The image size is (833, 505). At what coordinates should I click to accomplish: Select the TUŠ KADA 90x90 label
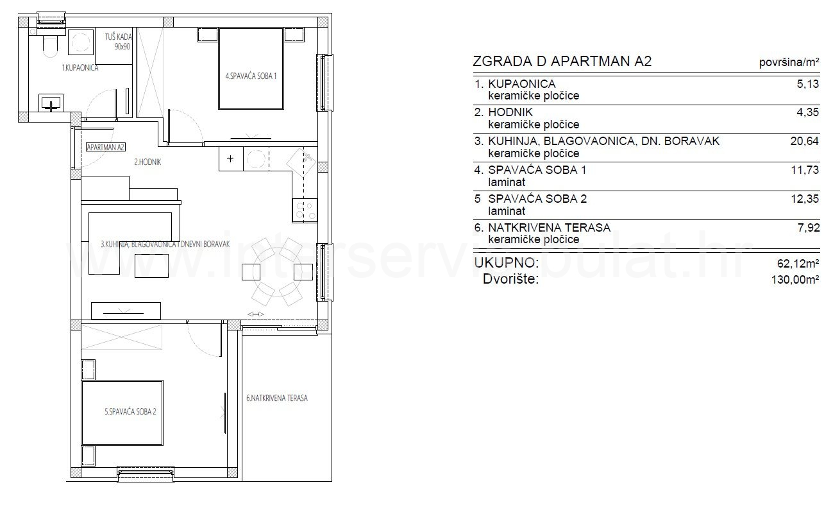point(119,42)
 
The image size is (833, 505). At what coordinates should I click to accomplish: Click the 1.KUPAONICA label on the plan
point(80,68)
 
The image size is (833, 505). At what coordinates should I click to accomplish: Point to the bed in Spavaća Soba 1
point(251,69)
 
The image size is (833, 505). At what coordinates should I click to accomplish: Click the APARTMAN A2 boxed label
point(106,147)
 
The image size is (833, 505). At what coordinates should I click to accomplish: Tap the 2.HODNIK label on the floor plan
point(147,162)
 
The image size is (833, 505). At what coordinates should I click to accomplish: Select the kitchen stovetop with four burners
point(305,210)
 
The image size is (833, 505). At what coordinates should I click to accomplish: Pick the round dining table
point(276,271)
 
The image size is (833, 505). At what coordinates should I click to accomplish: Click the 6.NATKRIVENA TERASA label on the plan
point(277,398)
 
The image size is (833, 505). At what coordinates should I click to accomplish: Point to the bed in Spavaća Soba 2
point(122,413)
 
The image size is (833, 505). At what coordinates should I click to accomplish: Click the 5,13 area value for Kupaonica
point(808,84)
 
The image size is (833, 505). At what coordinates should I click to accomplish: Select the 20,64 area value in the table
point(805,141)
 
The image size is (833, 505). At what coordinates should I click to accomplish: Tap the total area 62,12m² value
point(798,264)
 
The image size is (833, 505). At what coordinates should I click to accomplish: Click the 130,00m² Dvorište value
point(795,280)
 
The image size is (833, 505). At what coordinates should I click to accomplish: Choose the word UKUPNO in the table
point(507,262)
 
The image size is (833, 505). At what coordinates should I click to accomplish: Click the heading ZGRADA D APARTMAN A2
point(562,62)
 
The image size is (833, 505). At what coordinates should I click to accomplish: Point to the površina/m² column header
point(789,62)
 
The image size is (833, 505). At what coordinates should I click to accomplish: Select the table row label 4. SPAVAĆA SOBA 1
point(530,170)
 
